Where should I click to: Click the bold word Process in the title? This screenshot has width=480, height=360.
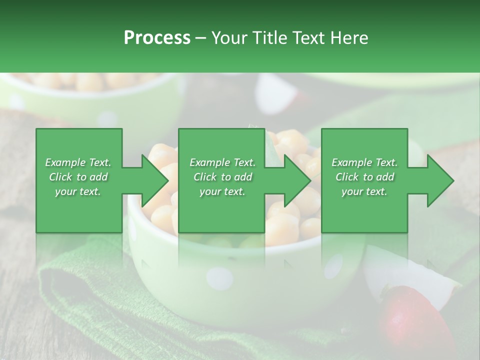[x=157, y=38]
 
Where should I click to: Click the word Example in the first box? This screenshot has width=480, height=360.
[x=65, y=162]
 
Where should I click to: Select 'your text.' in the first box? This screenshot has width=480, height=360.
[x=78, y=191]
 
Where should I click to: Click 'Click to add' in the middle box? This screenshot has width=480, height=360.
[x=222, y=177]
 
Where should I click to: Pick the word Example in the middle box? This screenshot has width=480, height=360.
[x=209, y=162]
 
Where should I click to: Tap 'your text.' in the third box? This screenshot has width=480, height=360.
[x=364, y=191]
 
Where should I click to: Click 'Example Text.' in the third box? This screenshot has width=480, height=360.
[x=364, y=162]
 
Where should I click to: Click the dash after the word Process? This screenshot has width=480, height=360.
[x=201, y=38]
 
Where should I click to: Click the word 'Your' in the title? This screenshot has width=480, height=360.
[x=227, y=38]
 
